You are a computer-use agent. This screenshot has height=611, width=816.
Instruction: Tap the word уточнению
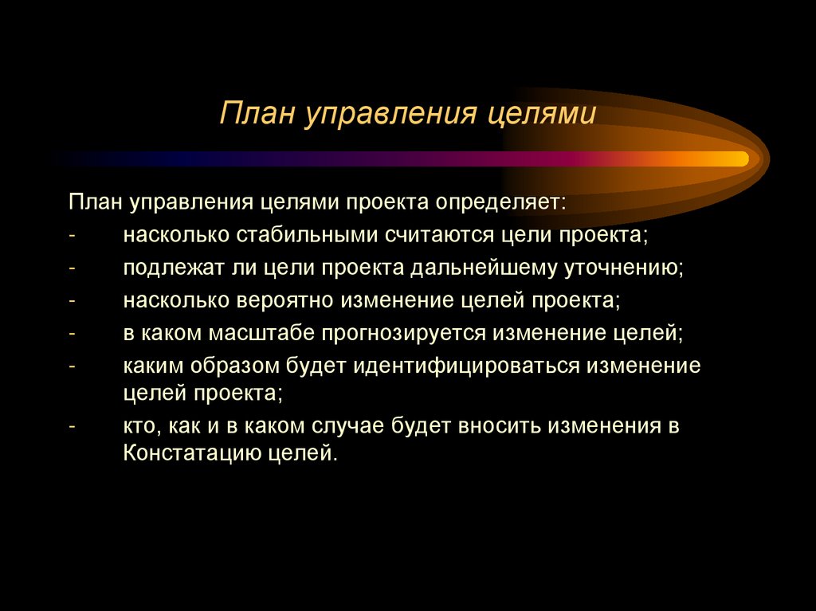[x=623, y=268]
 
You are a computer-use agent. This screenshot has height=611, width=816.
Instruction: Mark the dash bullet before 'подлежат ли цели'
[x=73, y=268]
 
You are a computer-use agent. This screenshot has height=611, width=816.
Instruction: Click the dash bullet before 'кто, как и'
[x=73, y=426]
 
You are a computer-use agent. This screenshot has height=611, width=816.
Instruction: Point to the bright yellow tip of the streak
[x=741, y=159]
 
